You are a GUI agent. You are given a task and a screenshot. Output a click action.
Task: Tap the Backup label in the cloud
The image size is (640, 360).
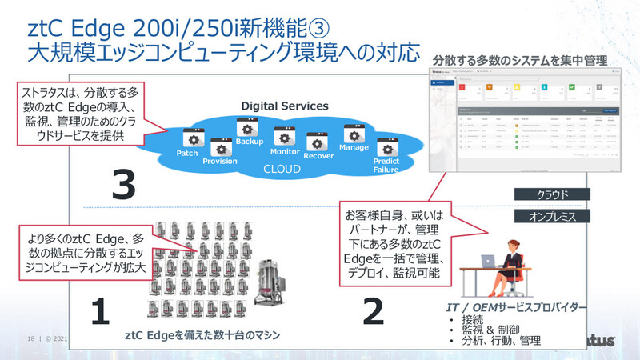coord(250,142)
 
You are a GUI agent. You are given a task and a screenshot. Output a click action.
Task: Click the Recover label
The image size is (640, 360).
coord(318,155)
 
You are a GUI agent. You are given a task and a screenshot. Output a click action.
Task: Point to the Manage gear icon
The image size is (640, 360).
coord(354,133)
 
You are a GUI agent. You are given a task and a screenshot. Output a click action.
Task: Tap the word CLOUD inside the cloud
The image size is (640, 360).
coord(282,170)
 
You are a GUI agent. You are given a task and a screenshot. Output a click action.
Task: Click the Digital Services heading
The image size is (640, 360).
coord(285,105)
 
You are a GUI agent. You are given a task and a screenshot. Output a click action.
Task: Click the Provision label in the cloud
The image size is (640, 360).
coord(220,161)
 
